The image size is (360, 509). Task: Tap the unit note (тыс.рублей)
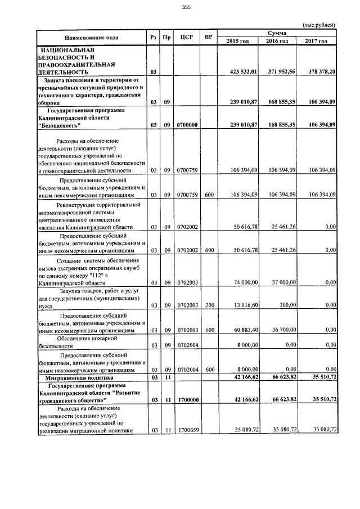point(319,25)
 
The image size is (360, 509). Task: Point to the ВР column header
point(209,38)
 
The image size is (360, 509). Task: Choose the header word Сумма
point(277,34)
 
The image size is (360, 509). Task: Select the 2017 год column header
point(316,42)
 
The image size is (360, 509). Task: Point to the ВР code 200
point(209,304)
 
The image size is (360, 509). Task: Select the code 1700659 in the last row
point(187,430)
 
